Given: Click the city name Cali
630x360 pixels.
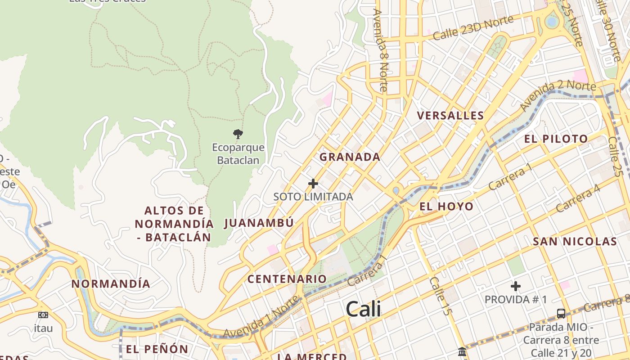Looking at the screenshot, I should pyautogui.click(x=363, y=309).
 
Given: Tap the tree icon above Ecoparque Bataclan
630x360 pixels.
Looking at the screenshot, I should pyautogui.click(x=238, y=134).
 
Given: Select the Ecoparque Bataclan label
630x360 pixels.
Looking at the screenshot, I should pyautogui.click(x=238, y=153).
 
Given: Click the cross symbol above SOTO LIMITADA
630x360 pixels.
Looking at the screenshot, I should pyautogui.click(x=313, y=184).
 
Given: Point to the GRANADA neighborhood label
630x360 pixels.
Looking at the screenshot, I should pyautogui.click(x=350, y=157).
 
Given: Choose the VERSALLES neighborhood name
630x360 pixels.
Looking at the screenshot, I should pyautogui.click(x=450, y=116).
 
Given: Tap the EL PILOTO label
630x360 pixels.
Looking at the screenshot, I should pyautogui.click(x=556, y=139).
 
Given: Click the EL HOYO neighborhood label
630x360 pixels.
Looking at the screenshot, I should pyautogui.click(x=446, y=207).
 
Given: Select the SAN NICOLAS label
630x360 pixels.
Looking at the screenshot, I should pyautogui.click(x=575, y=242).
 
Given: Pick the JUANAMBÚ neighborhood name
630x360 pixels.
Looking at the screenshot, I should pyautogui.click(x=259, y=223).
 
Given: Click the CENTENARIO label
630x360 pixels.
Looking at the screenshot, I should pyautogui.click(x=287, y=279).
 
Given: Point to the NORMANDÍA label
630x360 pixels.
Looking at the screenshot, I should pyautogui.click(x=111, y=284).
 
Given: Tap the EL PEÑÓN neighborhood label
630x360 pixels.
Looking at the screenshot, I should pyautogui.click(x=157, y=349).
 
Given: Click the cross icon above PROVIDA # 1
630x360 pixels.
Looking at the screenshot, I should pyautogui.click(x=516, y=286).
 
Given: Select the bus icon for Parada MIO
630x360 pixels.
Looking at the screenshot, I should pyautogui.click(x=561, y=313).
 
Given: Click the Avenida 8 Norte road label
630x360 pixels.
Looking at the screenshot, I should pyautogui.click(x=381, y=49).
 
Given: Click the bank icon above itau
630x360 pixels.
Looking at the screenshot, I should pyautogui.click(x=43, y=315).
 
